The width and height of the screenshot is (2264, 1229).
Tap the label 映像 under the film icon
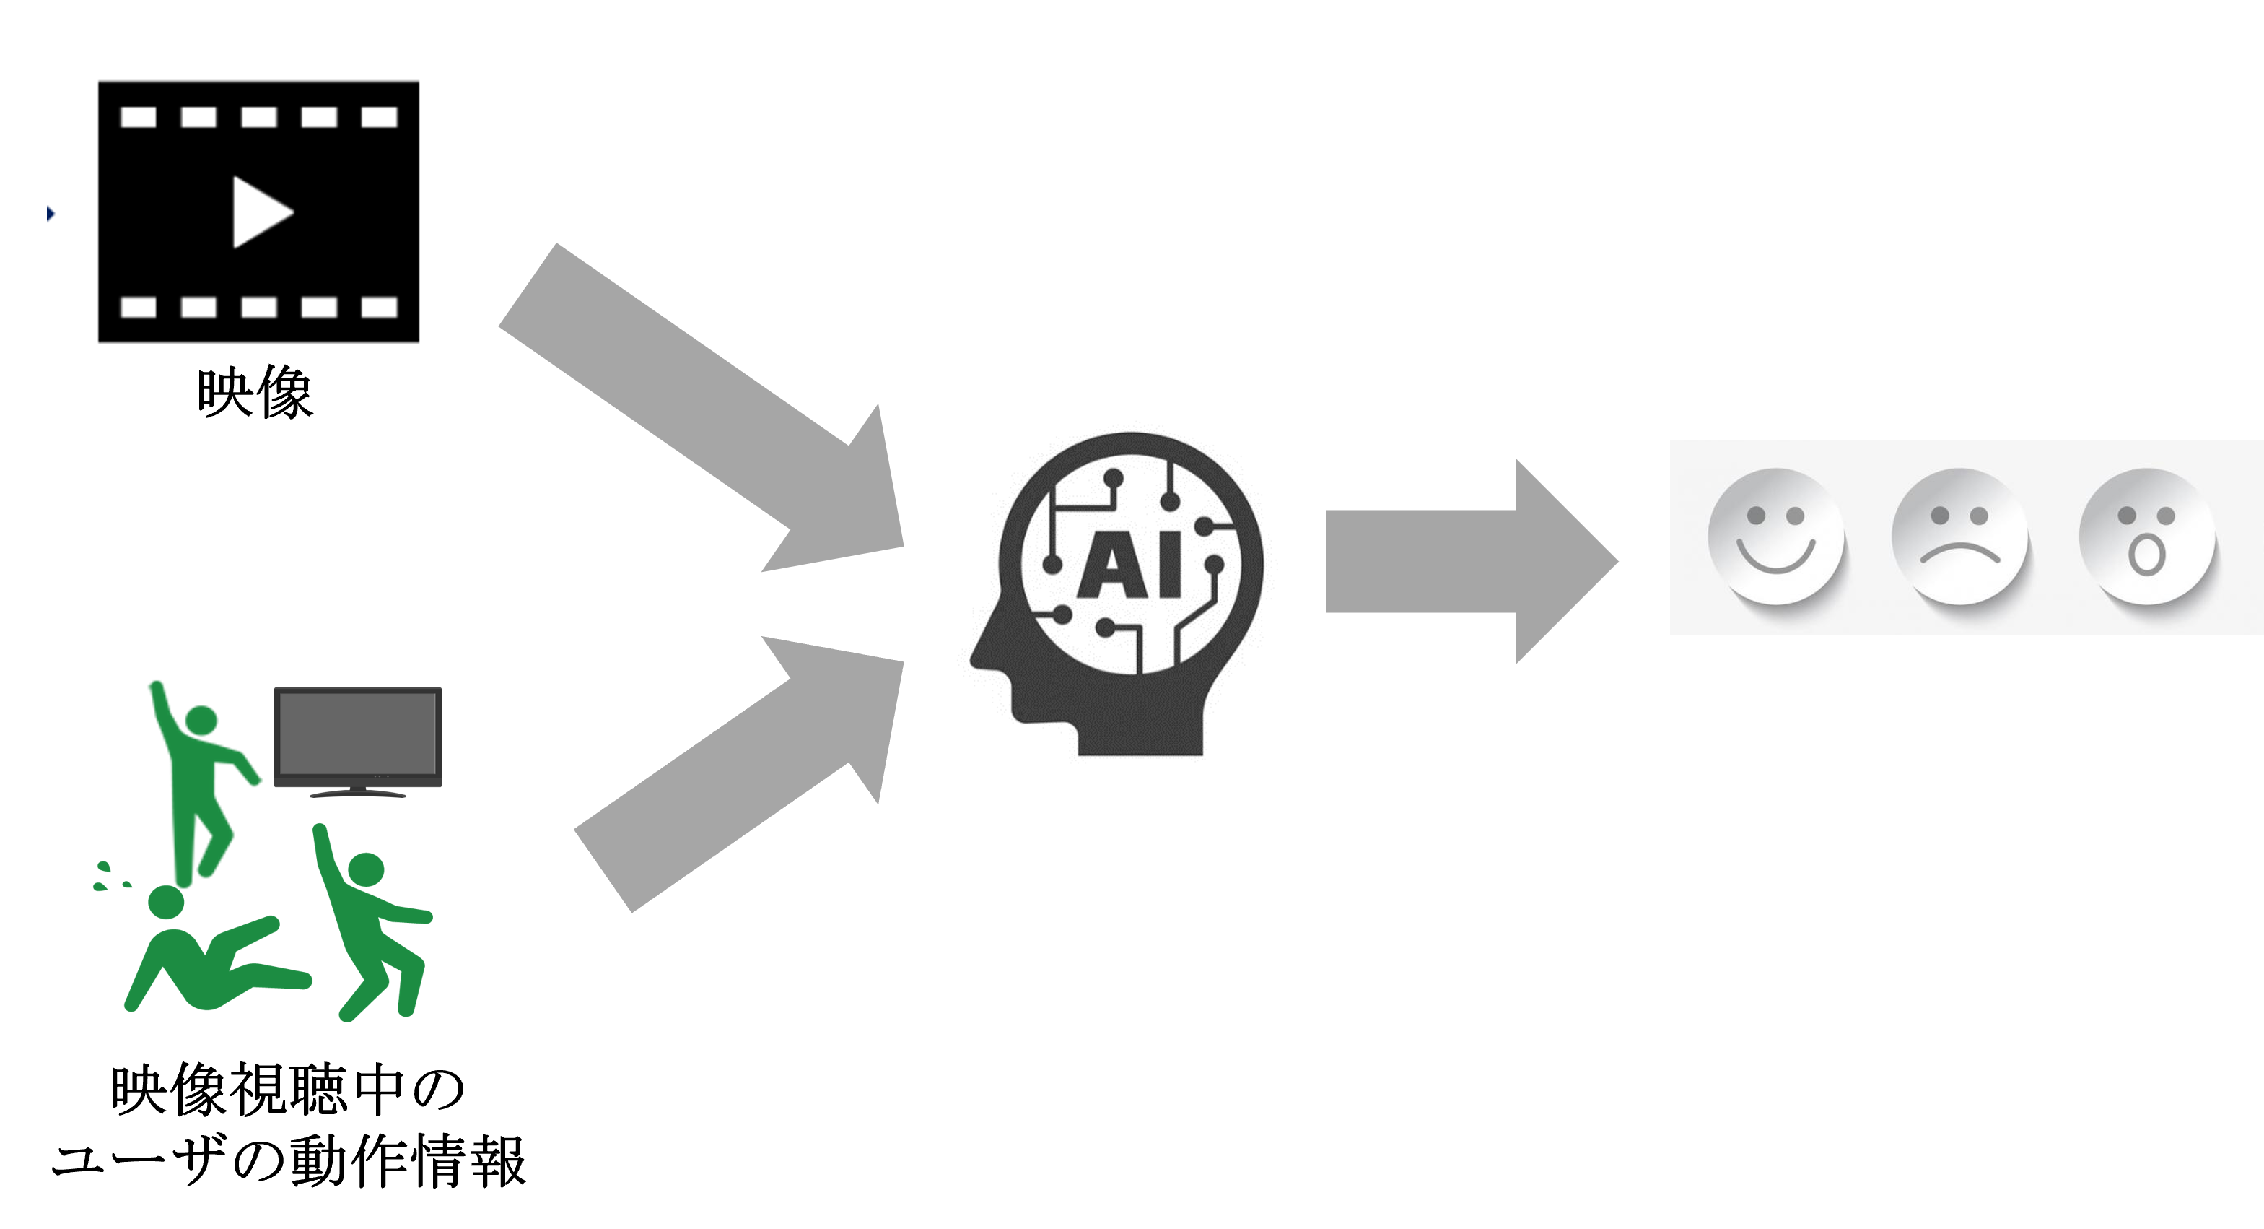255,392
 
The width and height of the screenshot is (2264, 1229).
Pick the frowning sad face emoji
1960,537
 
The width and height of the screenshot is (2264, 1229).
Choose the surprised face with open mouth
2146,537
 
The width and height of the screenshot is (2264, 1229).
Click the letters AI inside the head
1130,565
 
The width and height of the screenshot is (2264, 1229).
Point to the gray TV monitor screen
358,733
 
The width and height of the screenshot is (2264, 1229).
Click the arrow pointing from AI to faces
1472,561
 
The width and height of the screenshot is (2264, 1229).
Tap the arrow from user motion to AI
740,773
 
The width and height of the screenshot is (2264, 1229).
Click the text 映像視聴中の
287,1091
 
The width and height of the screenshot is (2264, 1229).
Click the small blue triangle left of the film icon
50,214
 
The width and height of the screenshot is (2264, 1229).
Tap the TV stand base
358,793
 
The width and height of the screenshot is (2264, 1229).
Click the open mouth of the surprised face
2146,555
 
